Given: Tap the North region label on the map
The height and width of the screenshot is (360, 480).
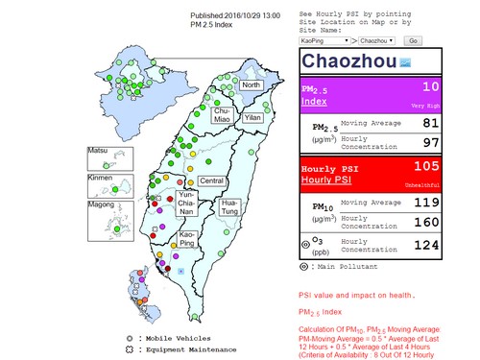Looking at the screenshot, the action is click(x=251, y=85).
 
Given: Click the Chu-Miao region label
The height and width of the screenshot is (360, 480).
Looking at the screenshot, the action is click(x=222, y=114).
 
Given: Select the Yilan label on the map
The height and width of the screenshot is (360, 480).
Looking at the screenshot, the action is click(x=252, y=117).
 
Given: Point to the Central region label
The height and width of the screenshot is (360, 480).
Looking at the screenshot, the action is click(x=211, y=180).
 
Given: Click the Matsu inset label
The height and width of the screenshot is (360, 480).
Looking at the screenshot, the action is click(x=98, y=151).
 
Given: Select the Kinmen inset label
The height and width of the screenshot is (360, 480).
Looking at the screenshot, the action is click(x=100, y=180).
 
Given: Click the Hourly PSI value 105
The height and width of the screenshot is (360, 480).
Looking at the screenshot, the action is click(x=424, y=167).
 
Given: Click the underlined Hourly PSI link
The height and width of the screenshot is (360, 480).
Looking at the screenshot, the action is click(x=328, y=180).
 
